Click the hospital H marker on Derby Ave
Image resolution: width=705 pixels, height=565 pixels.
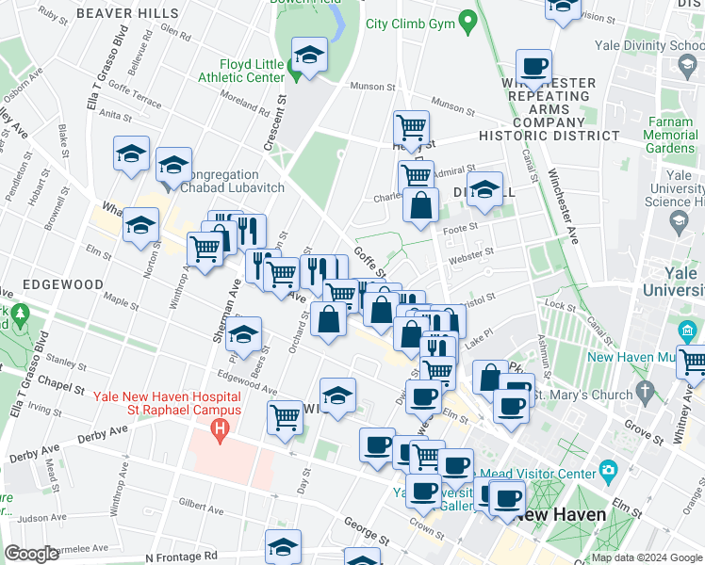point(221,432)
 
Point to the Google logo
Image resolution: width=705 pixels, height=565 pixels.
point(31,553)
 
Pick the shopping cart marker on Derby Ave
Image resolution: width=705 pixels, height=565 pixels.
point(285,416)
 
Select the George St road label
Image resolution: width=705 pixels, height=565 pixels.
point(366,530)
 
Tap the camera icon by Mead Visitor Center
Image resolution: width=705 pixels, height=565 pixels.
point(608,472)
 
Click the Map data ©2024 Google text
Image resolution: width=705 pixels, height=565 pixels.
point(647,557)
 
